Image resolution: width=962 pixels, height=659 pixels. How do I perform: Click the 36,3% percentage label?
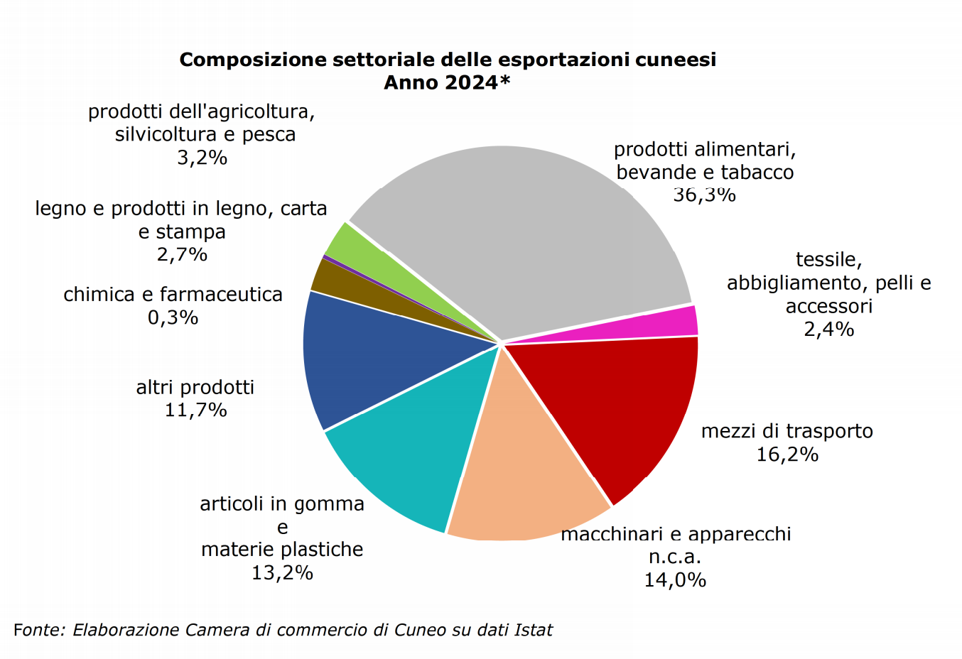704,195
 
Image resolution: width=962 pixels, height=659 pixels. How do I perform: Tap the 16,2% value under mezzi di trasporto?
787,454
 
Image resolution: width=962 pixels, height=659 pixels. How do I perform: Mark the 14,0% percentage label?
675,580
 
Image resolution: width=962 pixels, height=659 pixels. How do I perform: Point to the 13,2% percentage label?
282,572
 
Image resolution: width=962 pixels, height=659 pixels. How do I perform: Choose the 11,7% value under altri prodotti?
195,410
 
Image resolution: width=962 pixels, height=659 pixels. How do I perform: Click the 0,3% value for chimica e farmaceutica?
173,317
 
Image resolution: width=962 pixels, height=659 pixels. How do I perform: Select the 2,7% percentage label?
182,254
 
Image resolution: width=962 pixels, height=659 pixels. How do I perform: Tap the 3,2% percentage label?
202,158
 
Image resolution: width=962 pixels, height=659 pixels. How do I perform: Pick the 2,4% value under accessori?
828,329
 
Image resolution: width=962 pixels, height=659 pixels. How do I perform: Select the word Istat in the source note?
533,630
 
